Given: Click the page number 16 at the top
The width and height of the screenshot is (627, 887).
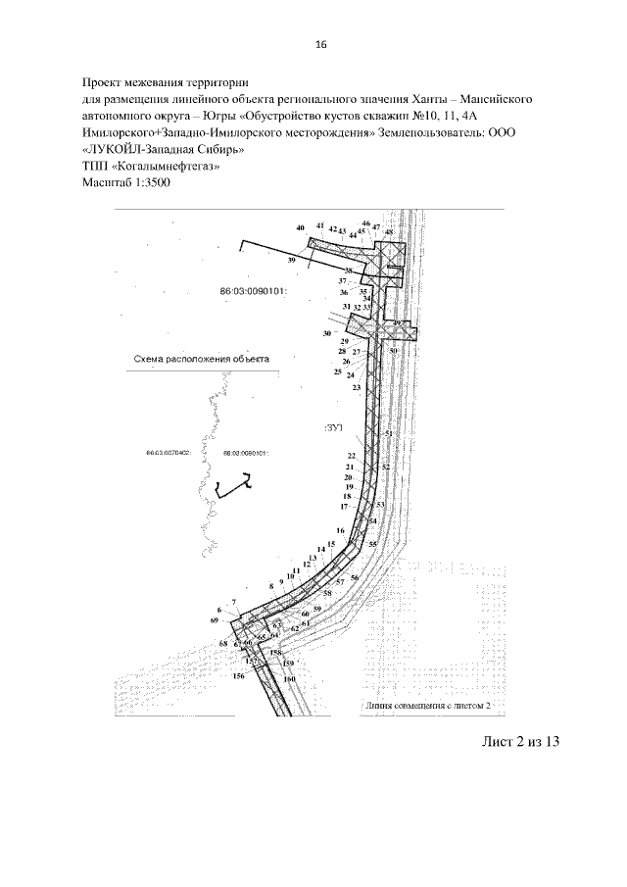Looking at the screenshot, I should point(319,44).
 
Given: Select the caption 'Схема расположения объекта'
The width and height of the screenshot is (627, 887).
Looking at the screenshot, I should point(201,359).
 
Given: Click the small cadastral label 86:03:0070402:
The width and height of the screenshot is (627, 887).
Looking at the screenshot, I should point(167,454).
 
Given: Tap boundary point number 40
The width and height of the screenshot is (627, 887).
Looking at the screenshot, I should point(300,227).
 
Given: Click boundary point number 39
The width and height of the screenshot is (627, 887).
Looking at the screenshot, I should point(292,261).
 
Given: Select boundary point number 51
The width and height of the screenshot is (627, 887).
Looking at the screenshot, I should point(388,433).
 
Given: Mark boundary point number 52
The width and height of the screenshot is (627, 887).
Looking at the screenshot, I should point(385,468).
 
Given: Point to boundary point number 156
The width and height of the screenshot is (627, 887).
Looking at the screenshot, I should point(238,676).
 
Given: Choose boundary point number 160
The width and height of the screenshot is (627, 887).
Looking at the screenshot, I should point(289,678).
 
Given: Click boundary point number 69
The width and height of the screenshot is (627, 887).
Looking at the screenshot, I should point(214,621).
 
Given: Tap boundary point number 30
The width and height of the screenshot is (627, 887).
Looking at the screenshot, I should point(327,334).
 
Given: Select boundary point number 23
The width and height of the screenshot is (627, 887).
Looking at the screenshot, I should point(357,388).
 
